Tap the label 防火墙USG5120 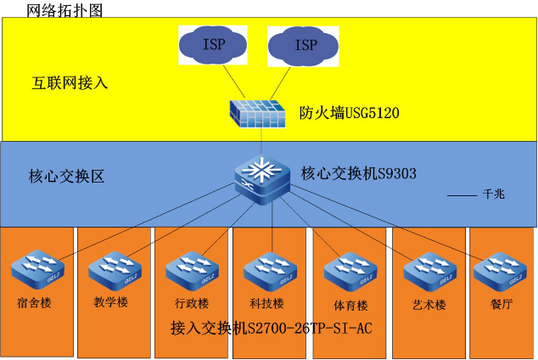pyautogui.click(x=350, y=112)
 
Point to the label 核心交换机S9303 pyautogui.click(x=358, y=174)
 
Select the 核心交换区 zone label pyautogui.click(x=66, y=177)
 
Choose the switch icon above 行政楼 pyautogui.click(x=191, y=273)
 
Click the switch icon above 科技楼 pyautogui.click(x=269, y=273)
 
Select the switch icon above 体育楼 pyautogui.click(x=348, y=273)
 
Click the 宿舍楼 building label pyautogui.click(x=34, y=302)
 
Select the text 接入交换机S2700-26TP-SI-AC pyautogui.click(x=272, y=327)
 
